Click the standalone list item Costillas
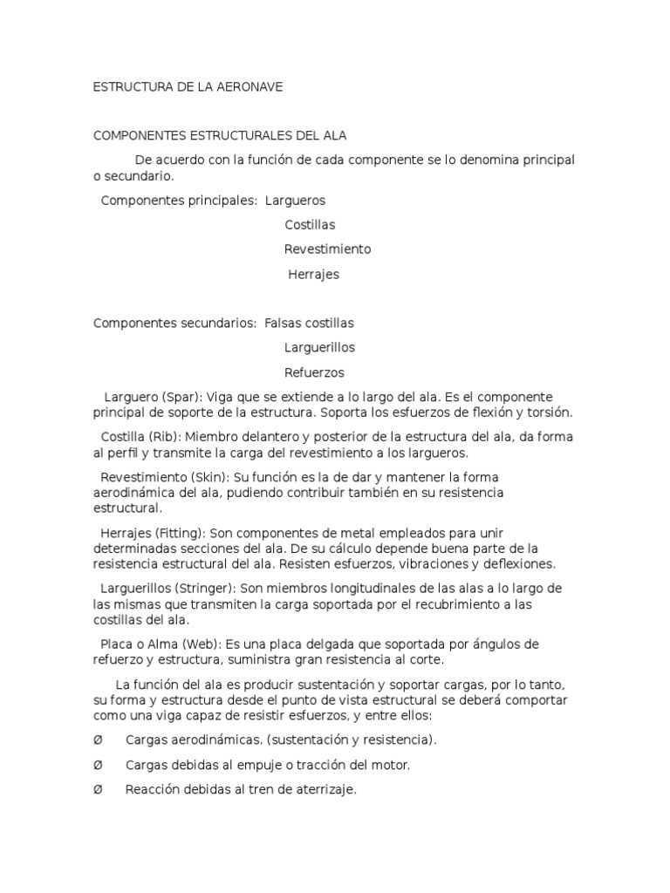click(x=310, y=225)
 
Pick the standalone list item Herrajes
click(x=313, y=275)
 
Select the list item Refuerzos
click(x=314, y=372)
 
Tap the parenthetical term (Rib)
click(x=163, y=437)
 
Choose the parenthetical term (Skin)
click(x=205, y=477)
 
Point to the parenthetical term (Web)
click(x=198, y=644)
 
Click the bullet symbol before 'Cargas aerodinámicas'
click(x=98, y=740)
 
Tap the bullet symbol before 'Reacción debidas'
click(x=98, y=790)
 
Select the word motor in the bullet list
click(x=391, y=765)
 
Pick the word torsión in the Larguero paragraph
click(x=547, y=412)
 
